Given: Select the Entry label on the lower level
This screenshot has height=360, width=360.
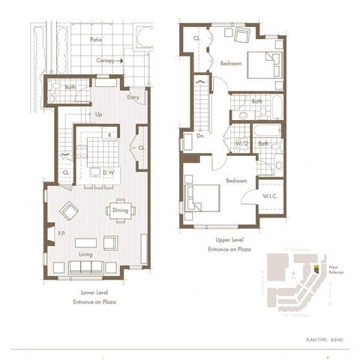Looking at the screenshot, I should (x=133, y=97).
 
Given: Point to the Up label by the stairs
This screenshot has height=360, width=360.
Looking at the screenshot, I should (x=98, y=115).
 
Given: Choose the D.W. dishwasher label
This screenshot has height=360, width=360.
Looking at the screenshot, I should (x=108, y=172).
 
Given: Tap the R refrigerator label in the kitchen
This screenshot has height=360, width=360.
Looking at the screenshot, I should (x=109, y=136).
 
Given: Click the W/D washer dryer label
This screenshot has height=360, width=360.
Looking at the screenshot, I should (x=241, y=142).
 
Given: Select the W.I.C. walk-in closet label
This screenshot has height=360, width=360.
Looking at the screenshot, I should (x=271, y=197).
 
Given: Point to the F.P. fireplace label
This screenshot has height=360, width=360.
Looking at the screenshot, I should (x=62, y=235).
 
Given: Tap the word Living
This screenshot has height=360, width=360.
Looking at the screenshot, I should (x=85, y=255).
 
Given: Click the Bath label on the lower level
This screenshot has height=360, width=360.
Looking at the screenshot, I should (x=70, y=88).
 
